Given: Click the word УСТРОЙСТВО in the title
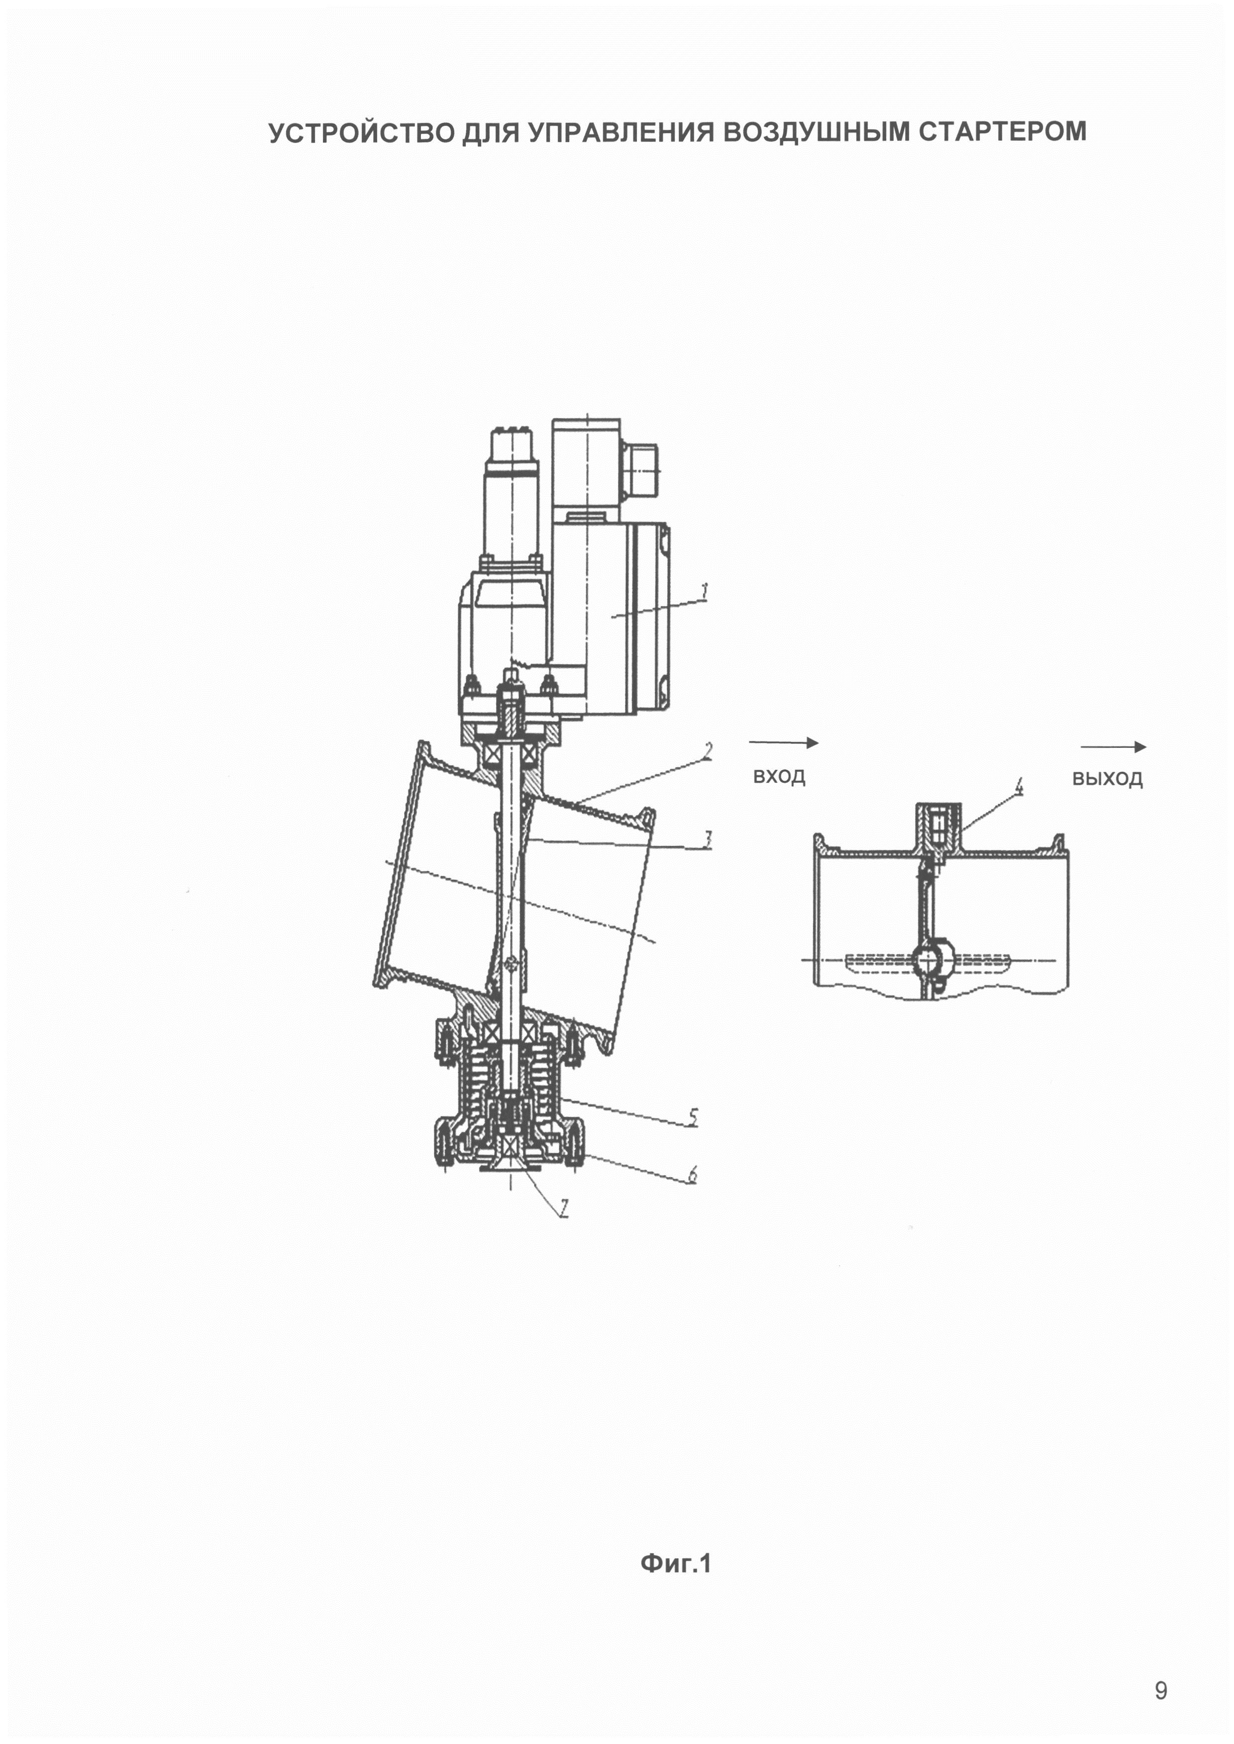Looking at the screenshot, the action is pos(362,132).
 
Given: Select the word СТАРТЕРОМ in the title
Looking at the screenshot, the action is pos(1002,131).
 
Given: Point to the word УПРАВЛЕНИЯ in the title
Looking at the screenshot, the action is pos(620,132).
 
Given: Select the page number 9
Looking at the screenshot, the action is pos(1160,1690).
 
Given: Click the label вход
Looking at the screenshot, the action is pos(779,776).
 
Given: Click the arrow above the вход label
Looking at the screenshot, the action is pos(783,742).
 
